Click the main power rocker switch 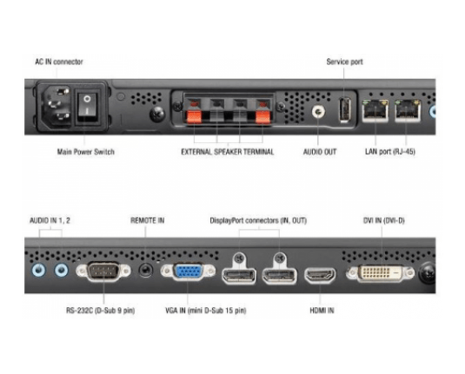pos(87,107)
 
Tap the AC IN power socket pos(57,107)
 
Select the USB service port pos(344,109)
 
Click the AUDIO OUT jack pos(318,112)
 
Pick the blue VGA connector pos(188,272)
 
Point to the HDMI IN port pos(320,276)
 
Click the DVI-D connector pos(381,273)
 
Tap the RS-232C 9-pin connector pos(103,271)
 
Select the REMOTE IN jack pos(146,271)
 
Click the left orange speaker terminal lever pos(194,116)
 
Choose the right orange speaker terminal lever pos(263,116)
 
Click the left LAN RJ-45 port pos(375,110)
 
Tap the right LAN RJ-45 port pos(408,110)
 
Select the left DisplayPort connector pos(239,276)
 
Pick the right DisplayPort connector pos(279,276)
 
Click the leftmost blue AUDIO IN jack pos(39,271)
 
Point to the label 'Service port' pos(344,62)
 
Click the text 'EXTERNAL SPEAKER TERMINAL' pos(228,152)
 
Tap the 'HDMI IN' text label pos(322,311)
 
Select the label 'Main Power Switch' pos(86,152)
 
